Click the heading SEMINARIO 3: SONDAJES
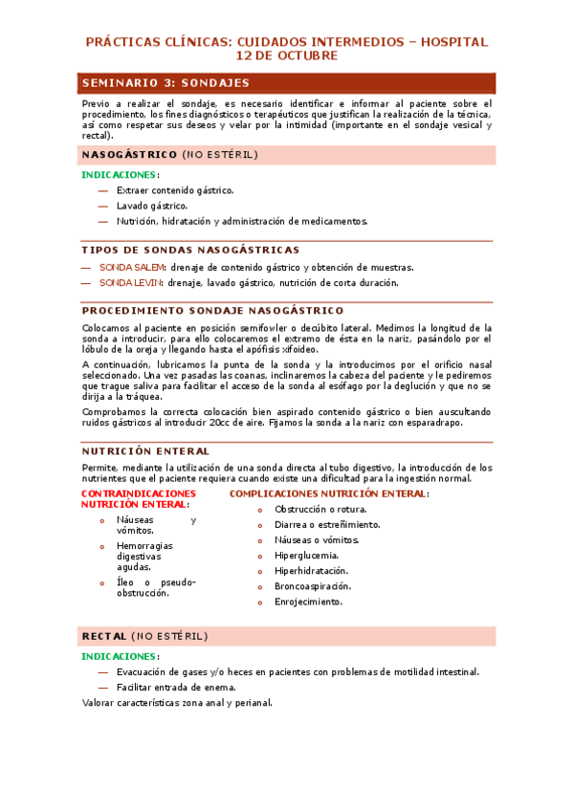click(x=165, y=83)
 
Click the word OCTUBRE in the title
click(x=303, y=56)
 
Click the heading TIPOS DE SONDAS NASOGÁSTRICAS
click(x=190, y=250)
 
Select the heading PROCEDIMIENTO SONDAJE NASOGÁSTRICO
click(x=212, y=311)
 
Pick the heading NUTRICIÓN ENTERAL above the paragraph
click(x=145, y=450)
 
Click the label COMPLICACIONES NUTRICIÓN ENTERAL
click(x=329, y=493)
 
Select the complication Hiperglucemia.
click(x=306, y=555)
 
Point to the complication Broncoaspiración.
click(x=313, y=586)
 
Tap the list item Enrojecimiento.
click(x=308, y=602)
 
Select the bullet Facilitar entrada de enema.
click(x=176, y=687)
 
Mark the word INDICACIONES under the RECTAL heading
click(x=119, y=657)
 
